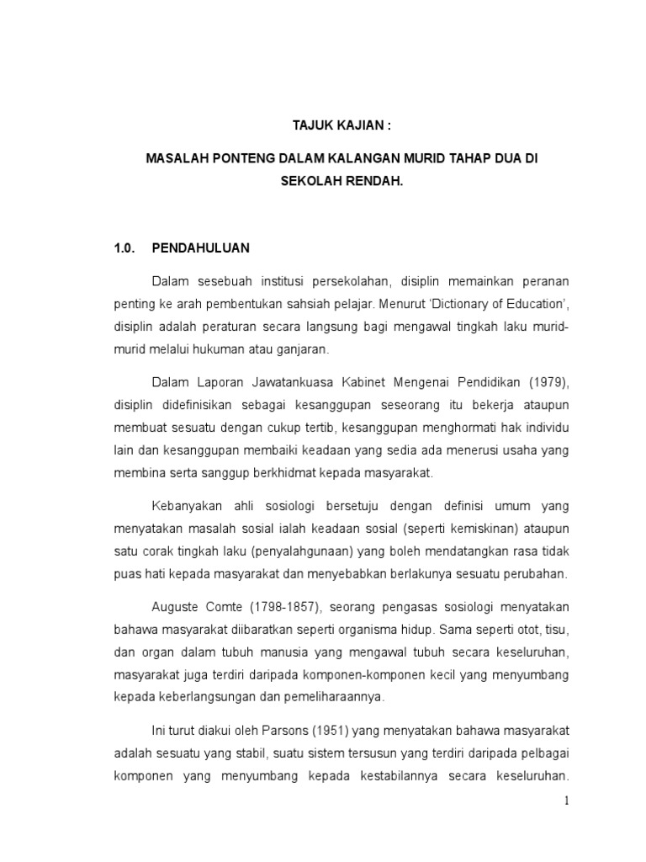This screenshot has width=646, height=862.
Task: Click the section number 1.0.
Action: click(x=124, y=248)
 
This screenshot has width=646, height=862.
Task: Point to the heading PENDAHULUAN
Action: click(x=200, y=248)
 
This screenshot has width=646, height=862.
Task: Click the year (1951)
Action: click(x=331, y=730)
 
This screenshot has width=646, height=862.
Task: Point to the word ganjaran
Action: click(x=304, y=348)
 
